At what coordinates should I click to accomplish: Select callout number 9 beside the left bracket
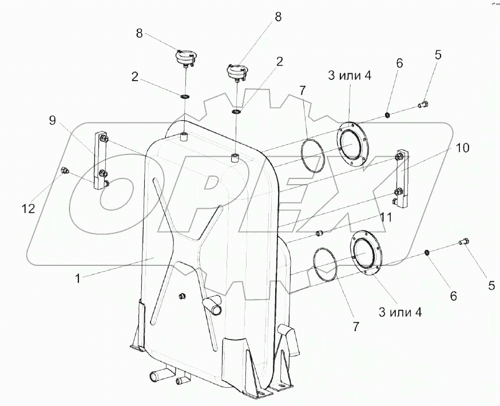pyautogui.click(x=52, y=120)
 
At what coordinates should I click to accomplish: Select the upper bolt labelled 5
pyautogui.click(x=424, y=105)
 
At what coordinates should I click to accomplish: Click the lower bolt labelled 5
pyautogui.click(x=464, y=244)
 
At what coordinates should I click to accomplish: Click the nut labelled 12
pyautogui.click(x=65, y=169)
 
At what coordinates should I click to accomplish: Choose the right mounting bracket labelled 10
pyautogui.click(x=400, y=178)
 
